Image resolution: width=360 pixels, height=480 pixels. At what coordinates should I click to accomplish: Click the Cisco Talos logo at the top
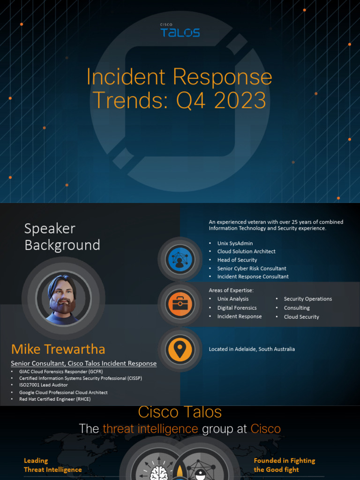[x=180, y=31]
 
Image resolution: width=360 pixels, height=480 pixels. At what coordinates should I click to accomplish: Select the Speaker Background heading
[x=62, y=237]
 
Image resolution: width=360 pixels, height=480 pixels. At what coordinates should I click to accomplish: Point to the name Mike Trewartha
[x=58, y=349]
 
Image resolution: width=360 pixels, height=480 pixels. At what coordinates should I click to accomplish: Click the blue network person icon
[x=180, y=259]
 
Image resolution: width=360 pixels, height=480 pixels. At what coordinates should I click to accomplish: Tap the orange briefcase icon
[x=180, y=304]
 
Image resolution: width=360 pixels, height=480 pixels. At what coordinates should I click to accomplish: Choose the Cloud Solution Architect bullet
[x=246, y=252]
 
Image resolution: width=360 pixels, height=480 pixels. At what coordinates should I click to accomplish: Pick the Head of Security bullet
[x=237, y=260]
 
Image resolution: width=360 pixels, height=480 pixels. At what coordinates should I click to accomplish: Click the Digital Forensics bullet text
[x=237, y=308]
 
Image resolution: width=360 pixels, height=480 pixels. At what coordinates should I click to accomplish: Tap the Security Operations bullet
[x=307, y=299]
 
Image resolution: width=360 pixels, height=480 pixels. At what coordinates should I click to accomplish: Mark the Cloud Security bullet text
[x=301, y=317]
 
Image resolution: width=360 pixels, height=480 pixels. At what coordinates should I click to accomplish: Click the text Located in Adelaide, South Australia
[x=252, y=349]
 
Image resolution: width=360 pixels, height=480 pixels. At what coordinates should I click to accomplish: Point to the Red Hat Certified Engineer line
[x=55, y=399]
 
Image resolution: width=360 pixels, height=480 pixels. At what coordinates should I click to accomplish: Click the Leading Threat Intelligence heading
[x=52, y=465]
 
